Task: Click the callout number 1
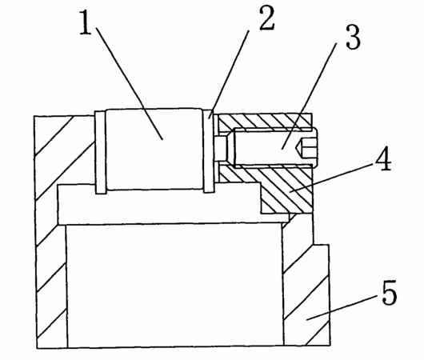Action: [x=86, y=22]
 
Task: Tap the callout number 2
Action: [x=266, y=18]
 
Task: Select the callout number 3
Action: [x=353, y=38]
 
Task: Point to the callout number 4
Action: [x=383, y=158]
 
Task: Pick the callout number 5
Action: [x=390, y=292]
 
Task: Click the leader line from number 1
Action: [x=130, y=83]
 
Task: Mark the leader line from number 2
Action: [x=229, y=74]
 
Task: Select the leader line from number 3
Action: [x=309, y=97]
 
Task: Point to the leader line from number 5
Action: [x=342, y=308]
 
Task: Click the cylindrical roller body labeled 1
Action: [x=154, y=150]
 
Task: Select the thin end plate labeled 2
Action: [x=209, y=151]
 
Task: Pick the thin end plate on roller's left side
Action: [x=101, y=153]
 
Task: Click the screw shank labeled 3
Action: [x=275, y=147]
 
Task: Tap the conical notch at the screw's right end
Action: [x=300, y=147]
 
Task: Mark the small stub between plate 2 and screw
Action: [x=221, y=149]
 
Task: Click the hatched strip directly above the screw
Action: [x=265, y=122]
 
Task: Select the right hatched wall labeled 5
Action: [x=306, y=282]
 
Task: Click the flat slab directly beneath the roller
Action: [x=173, y=204]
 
